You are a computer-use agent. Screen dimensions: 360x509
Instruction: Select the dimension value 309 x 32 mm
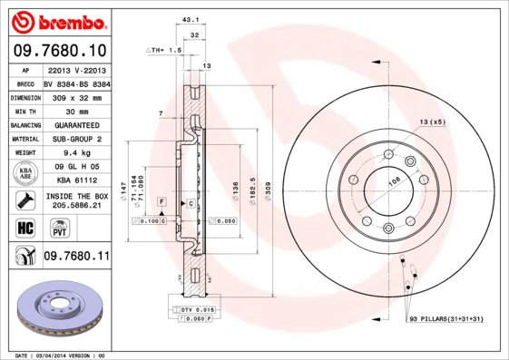pyautogui.click(x=75, y=96)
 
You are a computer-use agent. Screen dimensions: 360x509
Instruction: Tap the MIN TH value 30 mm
pyautogui.click(x=75, y=111)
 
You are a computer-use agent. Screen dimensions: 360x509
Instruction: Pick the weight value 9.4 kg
pyautogui.click(x=75, y=153)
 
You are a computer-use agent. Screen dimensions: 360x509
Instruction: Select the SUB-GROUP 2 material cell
pyautogui.click(x=75, y=139)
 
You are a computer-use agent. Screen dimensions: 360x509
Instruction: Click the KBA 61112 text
pyautogui.click(x=75, y=180)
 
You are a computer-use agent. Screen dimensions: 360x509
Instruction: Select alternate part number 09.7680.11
pyautogui.click(x=75, y=257)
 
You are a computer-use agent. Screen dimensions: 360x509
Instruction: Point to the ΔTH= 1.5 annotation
pyautogui.click(x=165, y=52)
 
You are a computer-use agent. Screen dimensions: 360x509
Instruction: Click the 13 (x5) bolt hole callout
pyautogui.click(x=432, y=122)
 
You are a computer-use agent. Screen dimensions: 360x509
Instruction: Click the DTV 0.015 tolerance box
pyautogui.click(x=196, y=310)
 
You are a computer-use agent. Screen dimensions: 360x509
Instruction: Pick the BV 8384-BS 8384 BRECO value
pyautogui.click(x=75, y=83)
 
